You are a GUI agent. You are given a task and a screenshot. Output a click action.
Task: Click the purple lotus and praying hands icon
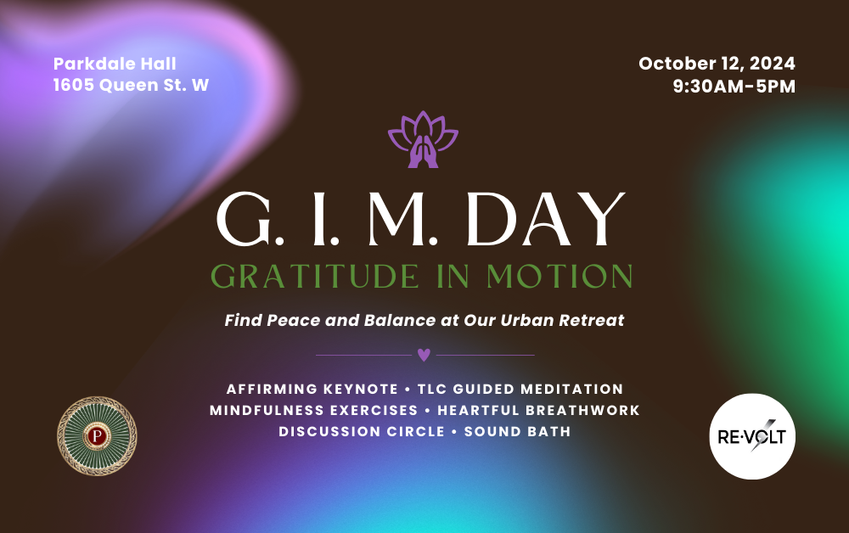423,139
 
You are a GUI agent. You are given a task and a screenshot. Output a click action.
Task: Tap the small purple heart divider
424,355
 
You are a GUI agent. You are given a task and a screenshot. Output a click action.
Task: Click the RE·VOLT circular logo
752,436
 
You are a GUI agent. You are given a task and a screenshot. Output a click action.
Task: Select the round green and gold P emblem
97,436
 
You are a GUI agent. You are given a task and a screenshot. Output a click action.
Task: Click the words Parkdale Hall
115,64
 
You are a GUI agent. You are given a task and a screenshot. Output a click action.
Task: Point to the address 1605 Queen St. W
131,85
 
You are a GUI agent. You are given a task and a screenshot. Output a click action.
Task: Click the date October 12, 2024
717,64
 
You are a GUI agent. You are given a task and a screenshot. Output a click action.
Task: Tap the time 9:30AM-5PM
734,86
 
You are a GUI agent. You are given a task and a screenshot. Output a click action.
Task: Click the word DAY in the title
546,219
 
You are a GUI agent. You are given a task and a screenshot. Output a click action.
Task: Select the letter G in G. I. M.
244,219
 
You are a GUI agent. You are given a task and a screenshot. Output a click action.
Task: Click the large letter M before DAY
398,219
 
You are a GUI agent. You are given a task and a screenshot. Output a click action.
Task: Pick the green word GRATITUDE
315,277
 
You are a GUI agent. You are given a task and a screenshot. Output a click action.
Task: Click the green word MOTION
559,277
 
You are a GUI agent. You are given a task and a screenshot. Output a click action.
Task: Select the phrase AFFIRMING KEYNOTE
312,389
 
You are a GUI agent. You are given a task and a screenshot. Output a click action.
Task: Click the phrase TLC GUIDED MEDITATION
520,389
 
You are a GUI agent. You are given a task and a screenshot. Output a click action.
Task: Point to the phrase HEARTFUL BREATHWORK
539,410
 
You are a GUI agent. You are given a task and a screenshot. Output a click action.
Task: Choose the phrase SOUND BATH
518,431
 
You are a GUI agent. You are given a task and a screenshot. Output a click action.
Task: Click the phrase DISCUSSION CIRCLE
362,431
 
